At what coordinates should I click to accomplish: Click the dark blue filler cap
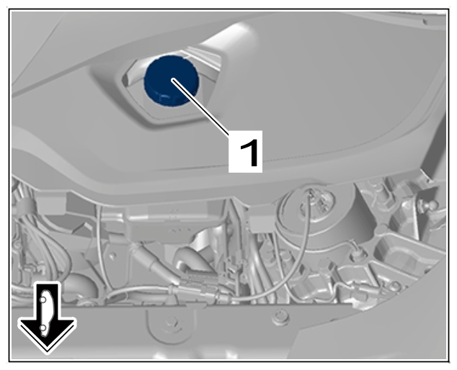(x=172, y=80)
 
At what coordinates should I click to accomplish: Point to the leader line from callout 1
(x=201, y=107)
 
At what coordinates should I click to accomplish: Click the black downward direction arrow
(x=47, y=317)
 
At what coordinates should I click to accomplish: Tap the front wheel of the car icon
(x=43, y=328)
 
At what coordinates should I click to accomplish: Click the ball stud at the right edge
(x=428, y=204)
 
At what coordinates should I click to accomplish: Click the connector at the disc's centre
(x=316, y=201)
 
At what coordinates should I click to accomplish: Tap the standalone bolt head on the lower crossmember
(x=280, y=317)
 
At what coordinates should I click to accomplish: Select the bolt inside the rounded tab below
(x=169, y=323)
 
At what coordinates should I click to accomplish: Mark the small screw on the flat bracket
(x=112, y=256)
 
